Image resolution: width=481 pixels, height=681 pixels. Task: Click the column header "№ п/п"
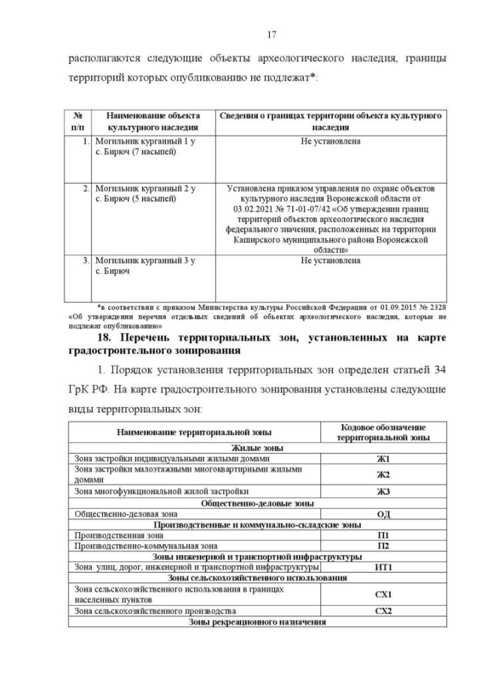coord(77,122)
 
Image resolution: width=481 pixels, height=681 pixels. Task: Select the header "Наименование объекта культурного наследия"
coord(153,122)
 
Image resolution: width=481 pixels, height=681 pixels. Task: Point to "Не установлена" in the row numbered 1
coord(330,141)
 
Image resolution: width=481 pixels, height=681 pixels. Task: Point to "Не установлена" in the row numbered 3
coord(330,260)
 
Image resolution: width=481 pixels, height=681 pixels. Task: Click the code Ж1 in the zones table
coord(383,458)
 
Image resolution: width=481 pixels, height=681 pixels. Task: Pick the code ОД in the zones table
coord(383,514)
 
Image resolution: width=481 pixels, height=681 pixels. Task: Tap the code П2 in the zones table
coord(383,546)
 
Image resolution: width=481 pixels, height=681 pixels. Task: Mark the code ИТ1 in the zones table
coord(383,567)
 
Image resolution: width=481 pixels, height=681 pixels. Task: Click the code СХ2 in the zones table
coord(383,611)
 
